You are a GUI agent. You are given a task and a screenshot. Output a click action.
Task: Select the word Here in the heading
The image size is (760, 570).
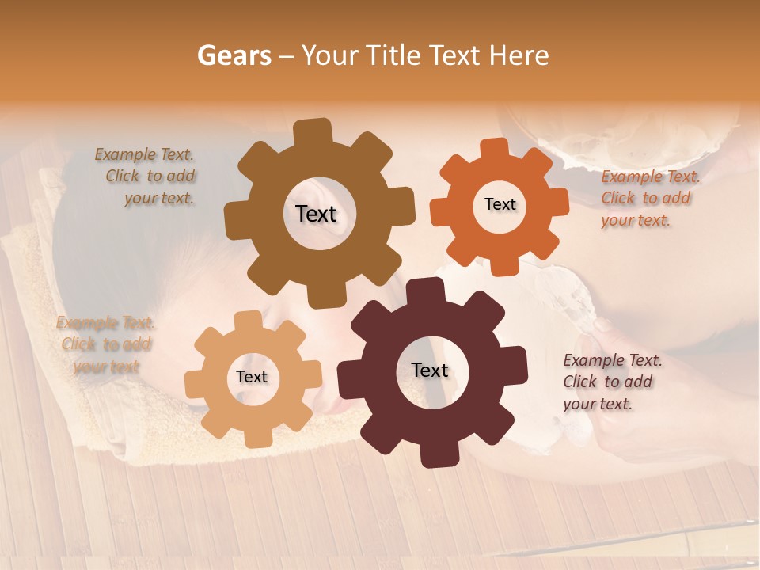(x=518, y=55)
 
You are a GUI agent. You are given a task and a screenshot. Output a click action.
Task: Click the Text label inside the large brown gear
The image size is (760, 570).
(x=316, y=214)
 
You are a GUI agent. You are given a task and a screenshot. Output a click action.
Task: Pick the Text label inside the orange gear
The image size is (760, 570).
(x=500, y=204)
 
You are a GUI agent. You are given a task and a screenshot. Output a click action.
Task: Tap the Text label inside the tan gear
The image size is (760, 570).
(x=252, y=377)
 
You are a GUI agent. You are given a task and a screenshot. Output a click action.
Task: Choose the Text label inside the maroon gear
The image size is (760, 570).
(x=430, y=370)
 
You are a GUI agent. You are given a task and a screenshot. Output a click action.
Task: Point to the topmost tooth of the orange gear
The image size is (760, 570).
(x=495, y=150)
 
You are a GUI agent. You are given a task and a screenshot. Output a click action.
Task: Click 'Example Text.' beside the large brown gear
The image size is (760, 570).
(x=144, y=154)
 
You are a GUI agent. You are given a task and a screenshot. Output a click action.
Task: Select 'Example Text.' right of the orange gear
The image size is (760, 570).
(x=650, y=177)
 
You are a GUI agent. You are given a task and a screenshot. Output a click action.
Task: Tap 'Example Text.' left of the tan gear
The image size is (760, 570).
(x=105, y=323)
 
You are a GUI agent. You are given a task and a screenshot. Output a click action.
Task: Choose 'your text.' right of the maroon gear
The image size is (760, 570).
(x=598, y=404)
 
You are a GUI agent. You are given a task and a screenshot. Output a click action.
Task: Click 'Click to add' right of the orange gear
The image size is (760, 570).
(x=645, y=199)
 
